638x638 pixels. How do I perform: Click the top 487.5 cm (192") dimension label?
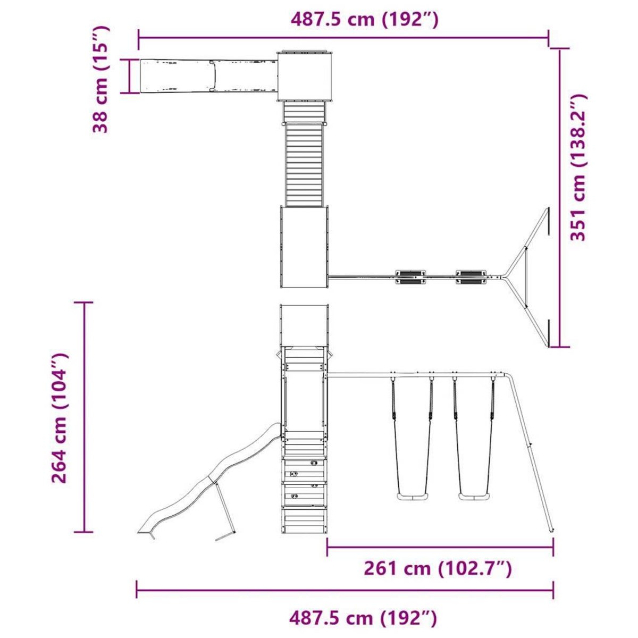(365, 19)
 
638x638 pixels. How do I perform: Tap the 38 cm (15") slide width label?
(100, 79)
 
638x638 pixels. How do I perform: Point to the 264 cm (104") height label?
(60, 418)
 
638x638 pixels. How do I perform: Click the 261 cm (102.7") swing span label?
(438, 568)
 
